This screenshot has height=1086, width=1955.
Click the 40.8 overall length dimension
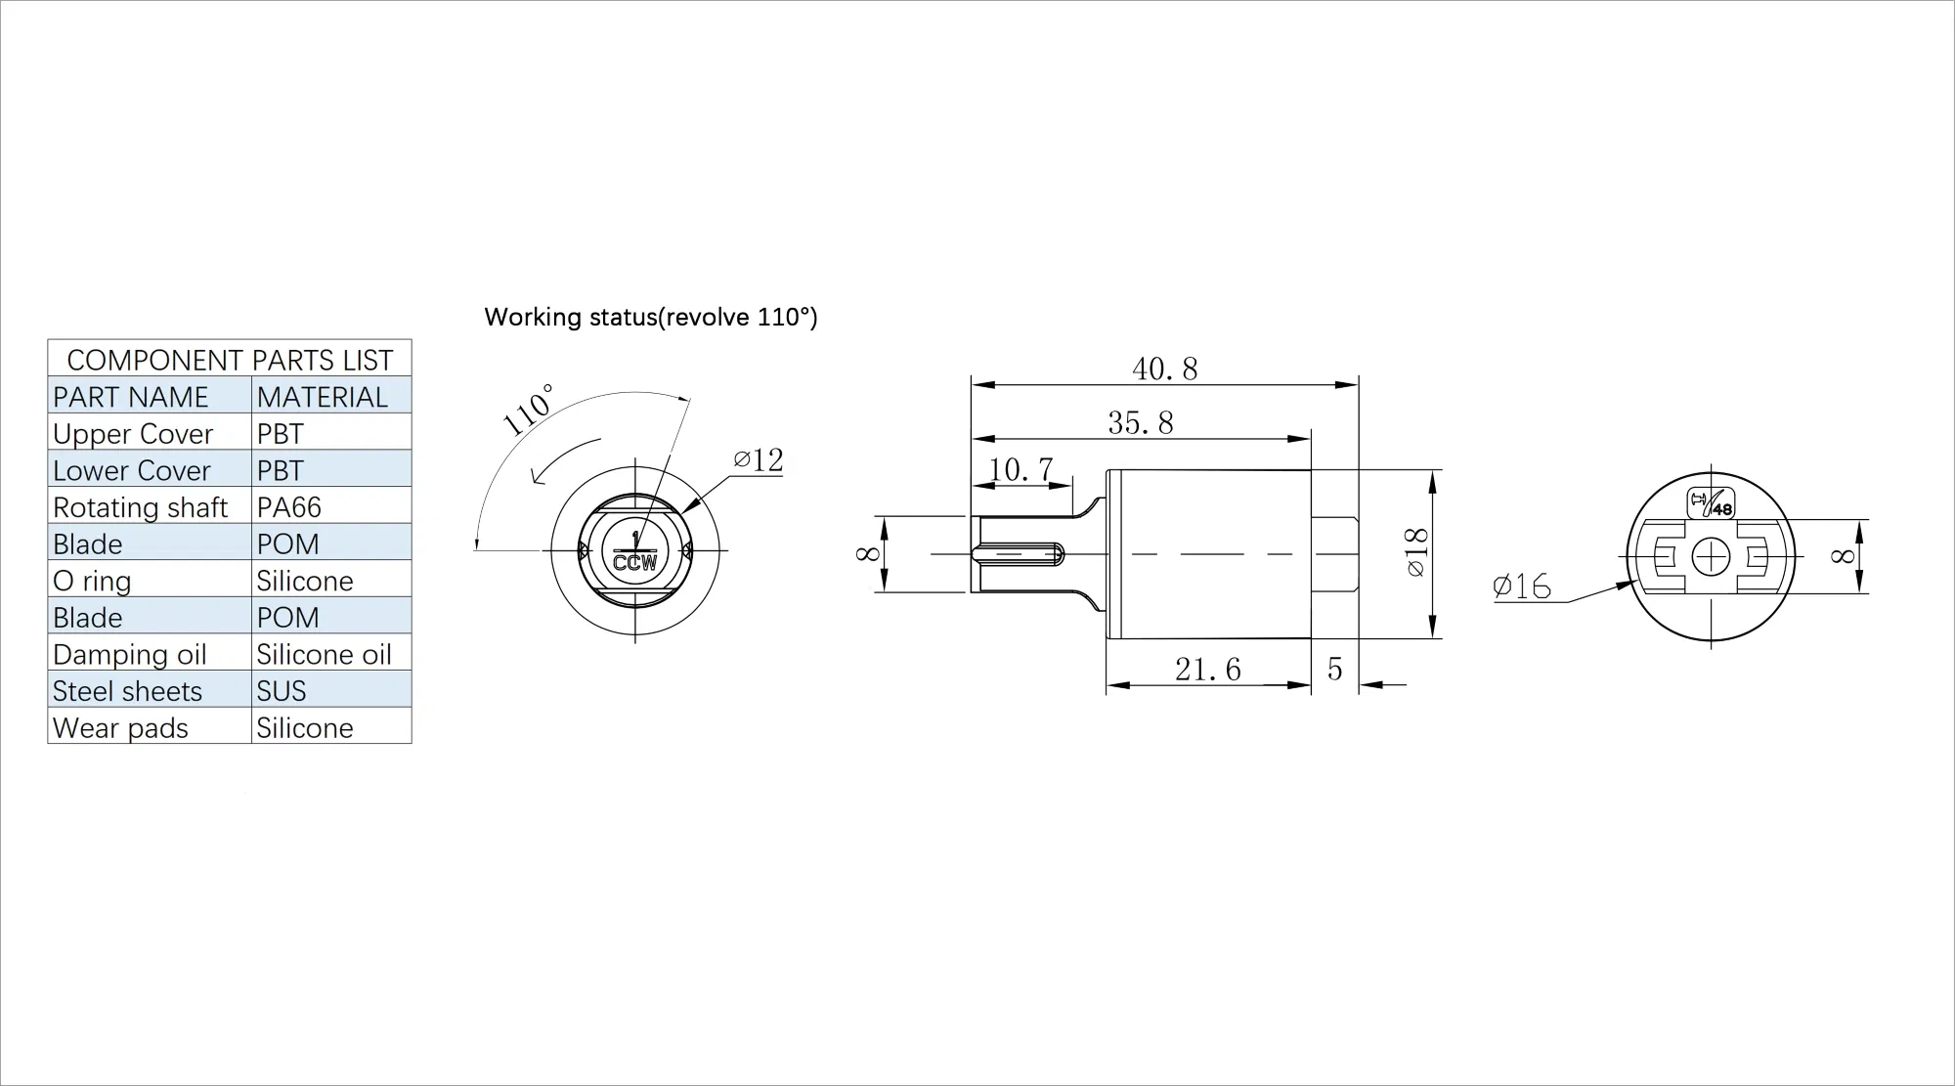pyautogui.click(x=1164, y=369)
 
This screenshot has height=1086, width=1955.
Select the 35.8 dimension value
pyautogui.click(x=1140, y=422)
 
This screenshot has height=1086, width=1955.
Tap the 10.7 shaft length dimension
pyautogui.click(x=1020, y=469)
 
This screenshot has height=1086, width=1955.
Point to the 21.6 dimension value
pyautogui.click(x=1207, y=670)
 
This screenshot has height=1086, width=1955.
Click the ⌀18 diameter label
pyautogui.click(x=1416, y=553)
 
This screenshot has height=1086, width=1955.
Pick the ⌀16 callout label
pyautogui.click(x=1522, y=586)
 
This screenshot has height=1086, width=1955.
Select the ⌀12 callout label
pyautogui.click(x=759, y=459)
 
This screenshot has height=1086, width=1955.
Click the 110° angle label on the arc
pyautogui.click(x=528, y=410)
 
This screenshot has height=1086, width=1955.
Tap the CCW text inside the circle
pyautogui.click(x=634, y=564)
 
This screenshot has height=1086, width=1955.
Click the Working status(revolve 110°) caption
pyautogui.click(x=650, y=317)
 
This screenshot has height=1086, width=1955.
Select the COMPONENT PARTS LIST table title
pyautogui.click(x=230, y=360)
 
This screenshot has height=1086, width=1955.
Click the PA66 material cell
pyautogui.click(x=289, y=507)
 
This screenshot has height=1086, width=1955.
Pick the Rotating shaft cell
pyautogui.click(x=140, y=507)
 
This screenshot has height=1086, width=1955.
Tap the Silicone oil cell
pyautogui.click(x=324, y=654)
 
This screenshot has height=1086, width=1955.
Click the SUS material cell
pyautogui.click(x=282, y=691)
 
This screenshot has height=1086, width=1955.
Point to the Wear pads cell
pyautogui.click(x=120, y=728)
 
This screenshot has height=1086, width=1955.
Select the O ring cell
pyautogui.click(x=92, y=581)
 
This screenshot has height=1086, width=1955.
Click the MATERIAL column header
pyautogui.click(x=323, y=397)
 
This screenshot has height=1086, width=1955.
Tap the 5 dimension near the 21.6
pyautogui.click(x=1334, y=670)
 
